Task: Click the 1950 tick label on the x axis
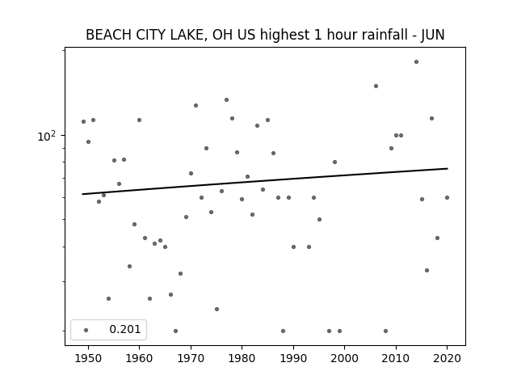click(88, 358)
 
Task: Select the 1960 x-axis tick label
click(139, 358)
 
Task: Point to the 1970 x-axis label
click(191, 358)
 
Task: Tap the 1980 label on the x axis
click(242, 358)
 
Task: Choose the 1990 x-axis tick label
click(293, 358)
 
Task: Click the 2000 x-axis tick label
click(344, 358)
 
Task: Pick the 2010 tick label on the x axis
click(396, 358)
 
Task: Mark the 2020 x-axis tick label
click(447, 358)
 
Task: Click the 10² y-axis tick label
click(47, 136)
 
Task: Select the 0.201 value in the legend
click(125, 329)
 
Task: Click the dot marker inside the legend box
click(86, 330)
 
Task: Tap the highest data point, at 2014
click(417, 61)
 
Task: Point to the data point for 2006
click(376, 86)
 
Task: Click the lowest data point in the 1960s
click(175, 331)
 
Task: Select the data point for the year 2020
click(447, 197)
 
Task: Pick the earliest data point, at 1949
click(83, 122)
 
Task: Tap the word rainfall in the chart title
click(386, 35)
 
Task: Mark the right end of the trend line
click(448, 169)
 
